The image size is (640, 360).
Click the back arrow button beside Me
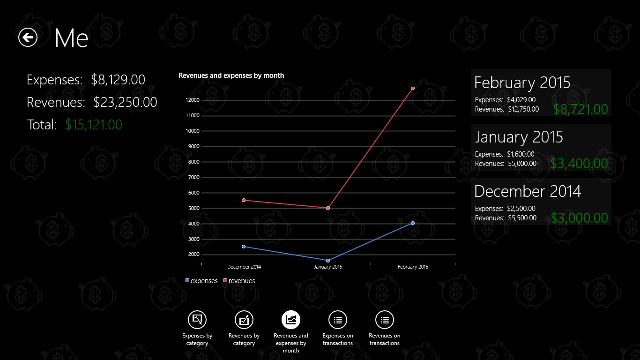point(28,37)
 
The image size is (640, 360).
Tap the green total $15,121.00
point(94,125)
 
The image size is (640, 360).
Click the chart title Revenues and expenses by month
point(231,75)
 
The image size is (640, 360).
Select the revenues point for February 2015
point(413,88)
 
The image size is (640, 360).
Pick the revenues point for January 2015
point(328,208)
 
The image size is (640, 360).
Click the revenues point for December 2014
point(244,200)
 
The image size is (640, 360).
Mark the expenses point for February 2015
point(413,223)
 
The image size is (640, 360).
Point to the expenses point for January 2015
point(328,261)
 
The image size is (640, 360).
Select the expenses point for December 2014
point(244,247)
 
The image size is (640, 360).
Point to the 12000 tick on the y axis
point(193,100)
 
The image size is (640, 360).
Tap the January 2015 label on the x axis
point(328,267)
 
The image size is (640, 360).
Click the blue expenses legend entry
point(201,281)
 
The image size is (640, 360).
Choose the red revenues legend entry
point(239,281)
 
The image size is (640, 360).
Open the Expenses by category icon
point(197,320)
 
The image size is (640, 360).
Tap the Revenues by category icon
point(244,320)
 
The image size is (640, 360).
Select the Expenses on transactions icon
point(338,320)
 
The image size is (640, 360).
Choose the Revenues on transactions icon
point(385,320)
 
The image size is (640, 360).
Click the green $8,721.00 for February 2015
point(580,109)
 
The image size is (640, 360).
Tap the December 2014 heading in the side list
point(528,191)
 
